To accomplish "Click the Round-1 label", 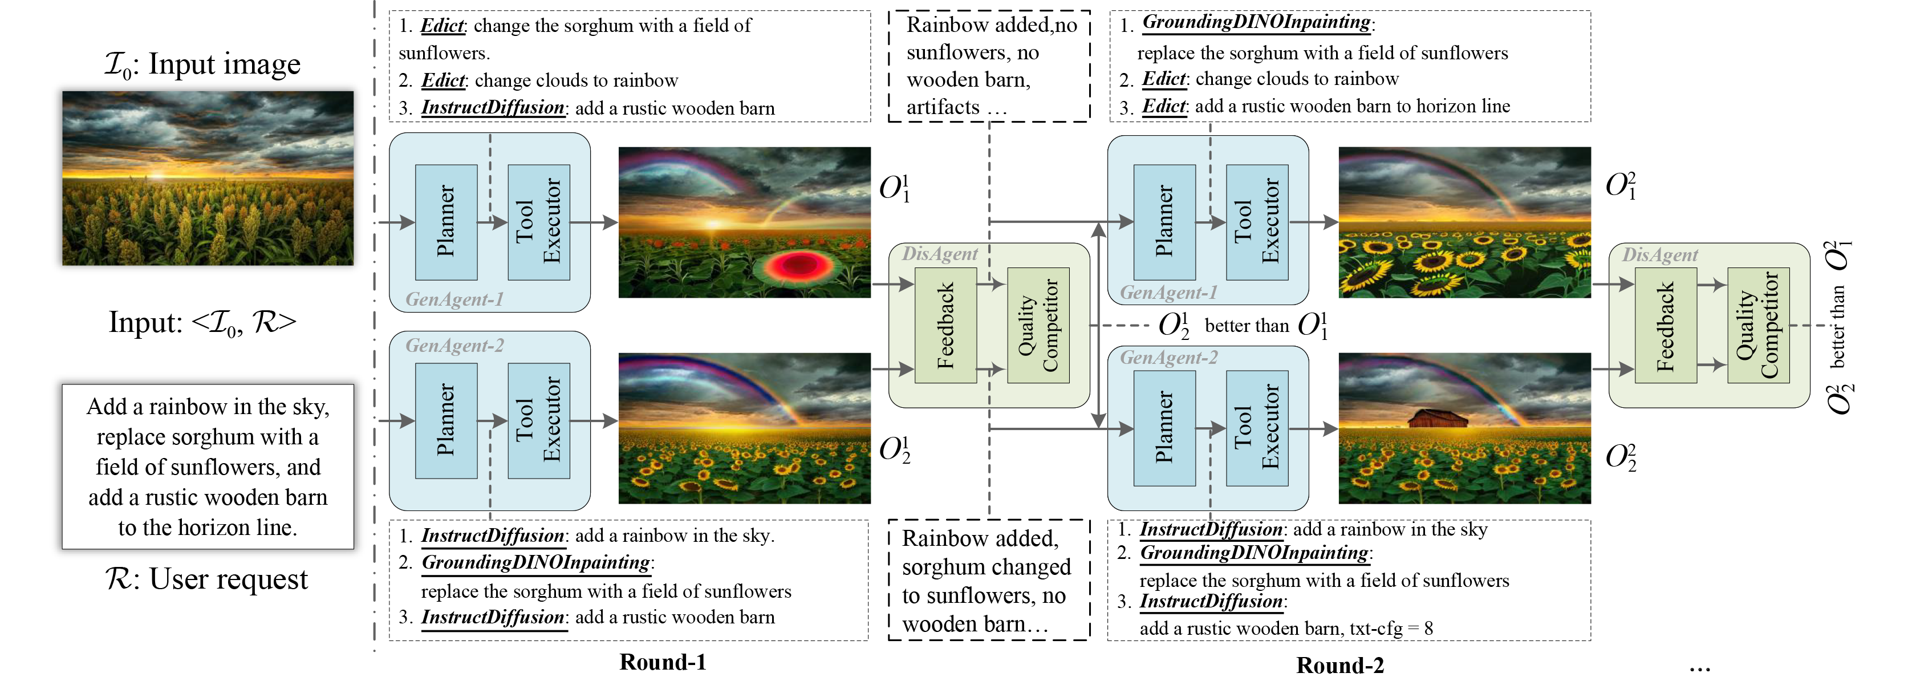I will pos(663,662).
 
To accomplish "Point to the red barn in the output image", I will pos(1437,419).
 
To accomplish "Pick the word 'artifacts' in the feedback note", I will pos(943,107).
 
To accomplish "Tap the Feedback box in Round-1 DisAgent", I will pos(945,325).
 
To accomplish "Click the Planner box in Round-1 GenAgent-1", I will pos(445,221).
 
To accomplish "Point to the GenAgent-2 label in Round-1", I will pos(454,345).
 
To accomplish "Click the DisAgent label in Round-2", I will pos(1660,255).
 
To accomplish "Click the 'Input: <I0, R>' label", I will pos(202,322).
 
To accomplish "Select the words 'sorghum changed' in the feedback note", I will pos(986,567).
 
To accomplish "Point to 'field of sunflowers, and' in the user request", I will pos(208,467).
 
